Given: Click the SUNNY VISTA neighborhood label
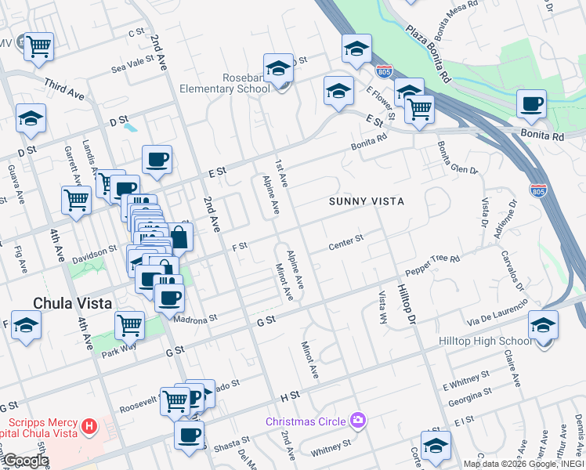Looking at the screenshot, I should pyautogui.click(x=366, y=201).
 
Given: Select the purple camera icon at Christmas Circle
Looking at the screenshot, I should pyautogui.click(x=359, y=421).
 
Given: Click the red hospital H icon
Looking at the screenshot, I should pyautogui.click(x=89, y=427).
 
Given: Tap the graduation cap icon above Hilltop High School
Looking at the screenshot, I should pyautogui.click(x=543, y=324).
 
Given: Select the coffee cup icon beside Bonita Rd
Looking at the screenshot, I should pyautogui.click(x=531, y=103).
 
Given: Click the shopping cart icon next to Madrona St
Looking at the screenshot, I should pyautogui.click(x=129, y=324).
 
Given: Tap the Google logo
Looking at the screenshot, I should pyautogui.click(x=25, y=461).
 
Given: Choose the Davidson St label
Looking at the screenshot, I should pyautogui.click(x=95, y=252).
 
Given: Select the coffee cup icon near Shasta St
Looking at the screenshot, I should pyautogui.click(x=189, y=435).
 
